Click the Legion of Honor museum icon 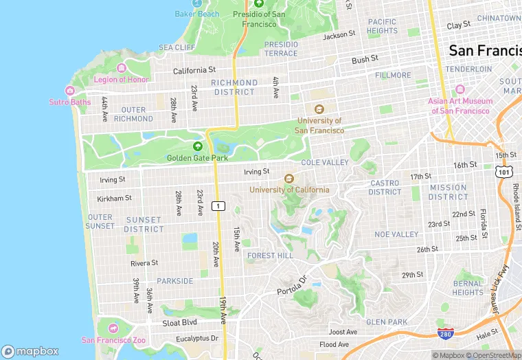[x=122, y=68]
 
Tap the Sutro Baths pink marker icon [x=69, y=91]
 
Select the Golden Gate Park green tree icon [x=198, y=146]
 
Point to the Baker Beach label [x=196, y=14]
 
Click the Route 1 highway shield [x=218, y=205]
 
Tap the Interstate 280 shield [x=446, y=333]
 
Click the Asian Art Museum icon [x=460, y=90]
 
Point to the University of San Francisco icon [x=319, y=109]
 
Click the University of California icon [x=289, y=179]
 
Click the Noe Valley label [x=396, y=234]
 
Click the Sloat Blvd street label [x=180, y=322]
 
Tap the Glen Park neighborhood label [x=387, y=322]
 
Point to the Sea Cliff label [x=177, y=47]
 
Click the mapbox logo [x=30, y=351]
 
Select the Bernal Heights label [x=468, y=288]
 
